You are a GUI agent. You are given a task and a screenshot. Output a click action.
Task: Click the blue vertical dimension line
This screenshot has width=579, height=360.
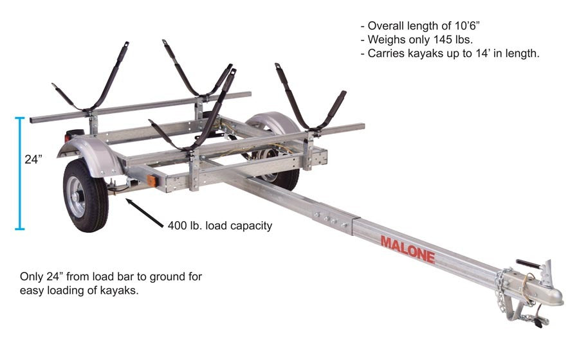point(20,173)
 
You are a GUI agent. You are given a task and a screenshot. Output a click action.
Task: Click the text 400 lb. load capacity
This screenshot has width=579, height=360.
point(219,226)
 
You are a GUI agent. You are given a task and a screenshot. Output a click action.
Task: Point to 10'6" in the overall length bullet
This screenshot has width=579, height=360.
point(477,26)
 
